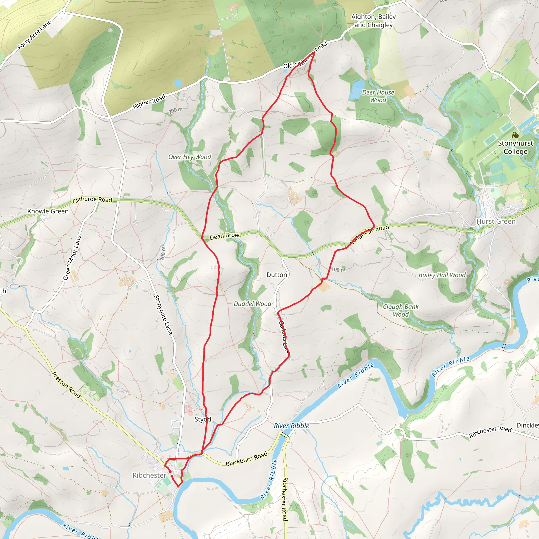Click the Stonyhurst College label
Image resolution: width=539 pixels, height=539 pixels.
(515, 147)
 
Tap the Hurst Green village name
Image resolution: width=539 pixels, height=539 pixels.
(496, 222)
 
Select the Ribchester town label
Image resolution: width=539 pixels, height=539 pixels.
(149, 475)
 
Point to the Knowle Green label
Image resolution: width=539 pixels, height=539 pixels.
(48, 211)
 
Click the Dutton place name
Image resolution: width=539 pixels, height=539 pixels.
(277, 275)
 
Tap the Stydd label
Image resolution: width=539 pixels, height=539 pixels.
(203, 419)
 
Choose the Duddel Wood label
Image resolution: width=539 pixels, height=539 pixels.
(252, 304)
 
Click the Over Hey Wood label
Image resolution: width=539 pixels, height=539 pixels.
(189, 157)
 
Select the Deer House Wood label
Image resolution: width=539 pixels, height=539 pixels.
(378, 96)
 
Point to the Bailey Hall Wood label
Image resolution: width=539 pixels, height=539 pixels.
(442, 275)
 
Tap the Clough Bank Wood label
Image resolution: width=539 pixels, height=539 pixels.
(401, 310)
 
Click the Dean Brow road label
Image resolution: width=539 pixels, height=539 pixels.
(224, 236)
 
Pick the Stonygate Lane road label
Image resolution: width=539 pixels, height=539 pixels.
(163, 315)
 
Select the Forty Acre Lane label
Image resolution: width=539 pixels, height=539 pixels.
(34, 35)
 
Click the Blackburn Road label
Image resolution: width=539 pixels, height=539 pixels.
(246, 459)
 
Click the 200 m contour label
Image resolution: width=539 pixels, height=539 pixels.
(176, 110)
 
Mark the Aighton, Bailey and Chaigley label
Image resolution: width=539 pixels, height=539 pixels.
(373, 21)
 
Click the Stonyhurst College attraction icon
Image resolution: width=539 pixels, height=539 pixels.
(515, 135)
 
